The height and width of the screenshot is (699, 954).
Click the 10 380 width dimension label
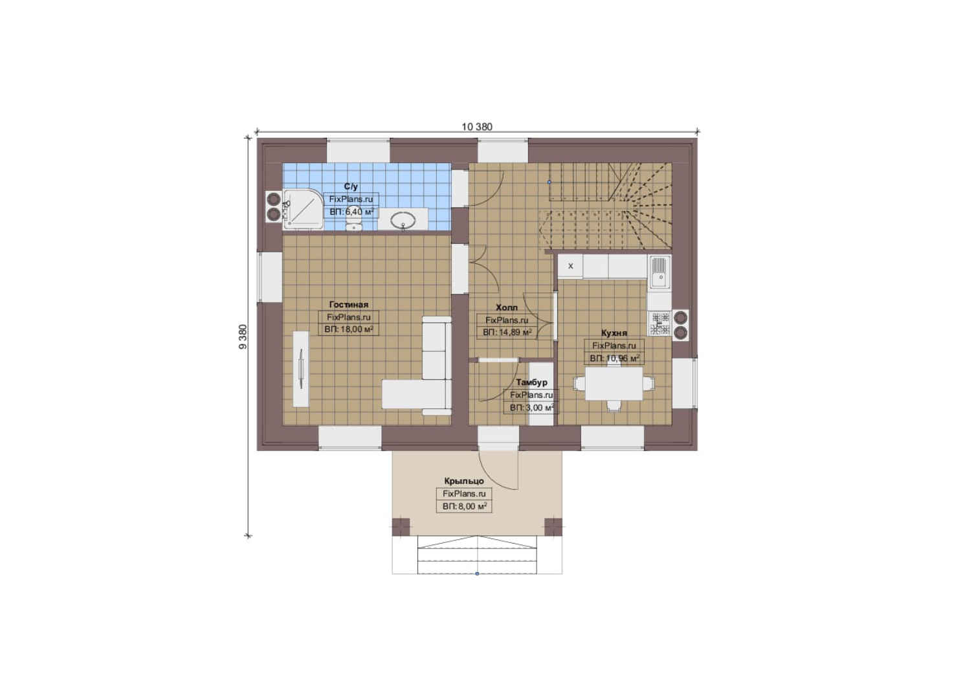tap(476, 127)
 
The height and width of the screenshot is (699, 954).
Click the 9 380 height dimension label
tap(243, 337)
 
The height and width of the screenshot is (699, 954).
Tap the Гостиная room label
tap(348, 305)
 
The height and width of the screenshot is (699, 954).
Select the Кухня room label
tap(614, 333)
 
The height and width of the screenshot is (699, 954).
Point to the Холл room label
tap(506, 307)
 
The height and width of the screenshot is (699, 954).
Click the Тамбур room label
tap(531, 383)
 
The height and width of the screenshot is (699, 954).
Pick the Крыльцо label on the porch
tap(464, 481)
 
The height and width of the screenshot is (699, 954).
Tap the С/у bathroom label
tap(351, 186)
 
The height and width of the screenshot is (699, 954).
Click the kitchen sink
tap(660, 272)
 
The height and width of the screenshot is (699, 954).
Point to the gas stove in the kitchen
tap(660, 324)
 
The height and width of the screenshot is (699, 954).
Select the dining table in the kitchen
tap(614, 384)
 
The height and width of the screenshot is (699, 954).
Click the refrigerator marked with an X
tap(570, 266)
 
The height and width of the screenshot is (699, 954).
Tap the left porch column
tap(401, 527)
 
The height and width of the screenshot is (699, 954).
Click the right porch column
tap(553, 527)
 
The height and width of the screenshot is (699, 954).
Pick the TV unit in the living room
tap(301, 368)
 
